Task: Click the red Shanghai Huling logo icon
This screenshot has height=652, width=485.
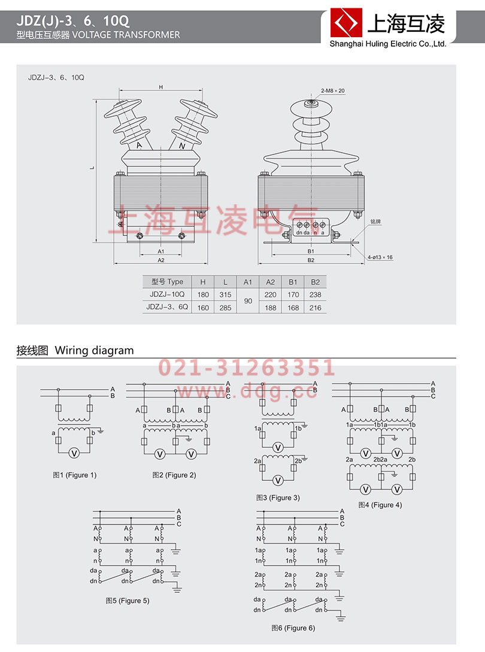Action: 345,24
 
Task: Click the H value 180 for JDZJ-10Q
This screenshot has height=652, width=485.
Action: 202,295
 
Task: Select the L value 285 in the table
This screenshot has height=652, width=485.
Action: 225,308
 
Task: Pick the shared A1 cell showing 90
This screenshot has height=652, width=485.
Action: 247,301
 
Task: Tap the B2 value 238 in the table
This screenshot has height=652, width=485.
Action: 316,295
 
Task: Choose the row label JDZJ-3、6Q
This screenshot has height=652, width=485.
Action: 167,308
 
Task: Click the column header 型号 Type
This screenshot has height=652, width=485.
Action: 167,281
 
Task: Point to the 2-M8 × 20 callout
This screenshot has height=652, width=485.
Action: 333,90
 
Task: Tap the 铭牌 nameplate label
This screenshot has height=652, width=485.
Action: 375,221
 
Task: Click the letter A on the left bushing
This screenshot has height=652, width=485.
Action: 139,145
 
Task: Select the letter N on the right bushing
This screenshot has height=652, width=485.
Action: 183,145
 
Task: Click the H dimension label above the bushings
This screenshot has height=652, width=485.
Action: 160,87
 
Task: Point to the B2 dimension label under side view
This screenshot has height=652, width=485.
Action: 311,260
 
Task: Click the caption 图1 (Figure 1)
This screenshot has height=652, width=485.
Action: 74,475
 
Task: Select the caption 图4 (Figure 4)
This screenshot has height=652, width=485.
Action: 380,505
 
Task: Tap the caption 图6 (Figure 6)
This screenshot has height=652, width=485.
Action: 293,628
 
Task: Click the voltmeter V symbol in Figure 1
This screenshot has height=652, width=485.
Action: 74,453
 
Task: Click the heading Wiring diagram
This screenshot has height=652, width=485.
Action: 94,351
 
